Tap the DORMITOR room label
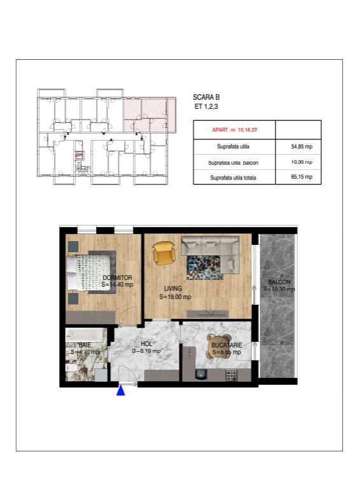click(117, 278)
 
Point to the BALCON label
click(279, 281)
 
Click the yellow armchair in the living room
click(163, 253)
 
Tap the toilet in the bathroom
click(72, 371)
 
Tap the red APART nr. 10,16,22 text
click(232, 130)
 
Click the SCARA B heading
click(205, 97)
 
